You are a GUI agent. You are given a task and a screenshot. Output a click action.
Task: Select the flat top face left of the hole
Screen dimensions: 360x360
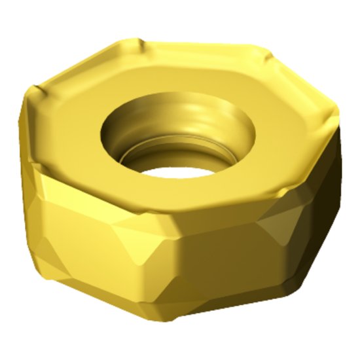(x=72, y=124)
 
